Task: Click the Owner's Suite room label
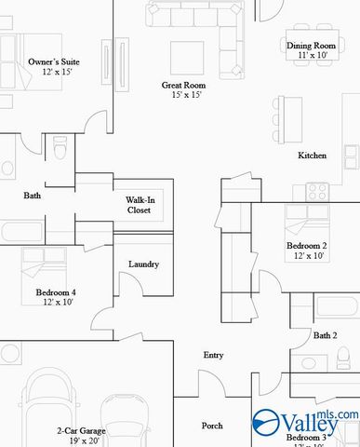pyautogui.click(x=53, y=62)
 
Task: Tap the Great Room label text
pyautogui.click(x=182, y=85)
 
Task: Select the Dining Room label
pyautogui.click(x=311, y=45)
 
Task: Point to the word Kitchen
pyautogui.click(x=312, y=156)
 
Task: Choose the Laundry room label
pyautogui.click(x=143, y=264)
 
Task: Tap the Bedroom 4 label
pyautogui.click(x=56, y=292)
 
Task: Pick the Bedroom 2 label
pyautogui.click(x=306, y=246)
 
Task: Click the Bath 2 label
pyautogui.click(x=325, y=335)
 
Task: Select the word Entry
pyautogui.click(x=213, y=355)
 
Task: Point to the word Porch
pyautogui.click(x=212, y=426)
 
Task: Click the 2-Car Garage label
pyautogui.click(x=81, y=431)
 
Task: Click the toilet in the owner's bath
pyautogui.click(x=60, y=149)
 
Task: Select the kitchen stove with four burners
pyautogui.click(x=316, y=192)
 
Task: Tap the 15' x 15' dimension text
pyautogui.click(x=182, y=95)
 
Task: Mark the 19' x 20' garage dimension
pyautogui.click(x=81, y=441)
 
